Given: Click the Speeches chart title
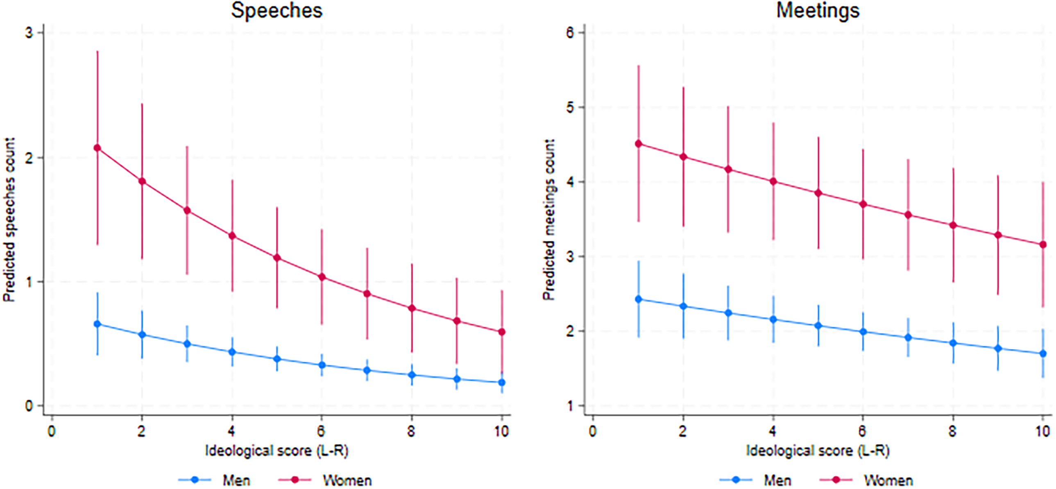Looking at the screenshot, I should pyautogui.click(x=277, y=10).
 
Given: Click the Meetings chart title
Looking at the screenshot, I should pyautogui.click(x=818, y=10).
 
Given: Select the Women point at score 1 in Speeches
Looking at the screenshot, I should pyautogui.click(x=97, y=148).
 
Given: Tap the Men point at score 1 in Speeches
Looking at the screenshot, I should pyautogui.click(x=97, y=324).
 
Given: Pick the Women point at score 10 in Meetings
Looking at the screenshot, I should pyautogui.click(x=1043, y=245).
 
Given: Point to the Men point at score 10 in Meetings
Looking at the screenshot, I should pyautogui.click(x=1043, y=354).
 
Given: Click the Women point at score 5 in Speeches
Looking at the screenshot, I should pyautogui.click(x=277, y=258).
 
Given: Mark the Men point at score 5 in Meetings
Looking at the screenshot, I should pyautogui.click(x=818, y=326).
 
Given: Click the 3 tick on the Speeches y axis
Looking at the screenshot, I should pyautogui.click(x=29, y=33).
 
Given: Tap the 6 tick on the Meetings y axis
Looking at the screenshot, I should pyautogui.click(x=570, y=33).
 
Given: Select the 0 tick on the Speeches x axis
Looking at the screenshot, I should pyautogui.click(x=52, y=431).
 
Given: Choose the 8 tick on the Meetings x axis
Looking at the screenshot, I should pyautogui.click(x=953, y=431).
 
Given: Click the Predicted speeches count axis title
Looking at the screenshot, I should pyautogui.click(x=9, y=219).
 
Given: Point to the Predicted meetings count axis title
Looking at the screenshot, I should pyautogui.click(x=549, y=219).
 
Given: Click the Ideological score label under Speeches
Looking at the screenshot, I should pyautogui.click(x=277, y=451).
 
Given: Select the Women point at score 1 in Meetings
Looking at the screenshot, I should pyautogui.click(x=638, y=144).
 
